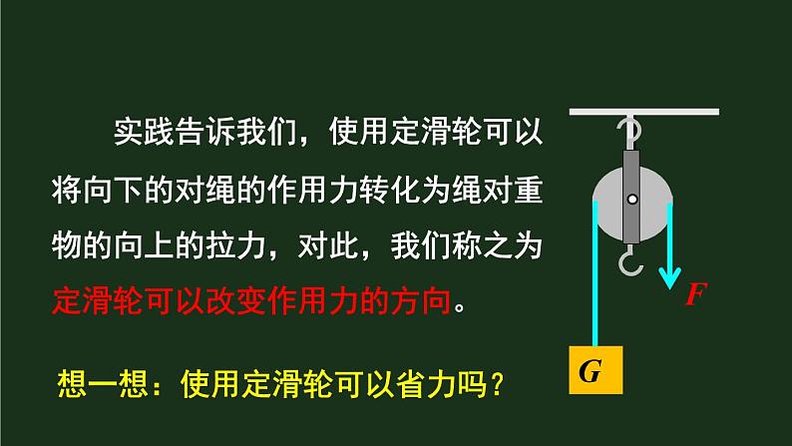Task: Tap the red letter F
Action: coord(695,294)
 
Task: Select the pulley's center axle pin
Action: coord(631,201)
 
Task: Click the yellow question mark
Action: coord(491,384)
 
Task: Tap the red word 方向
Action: coord(429,299)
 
